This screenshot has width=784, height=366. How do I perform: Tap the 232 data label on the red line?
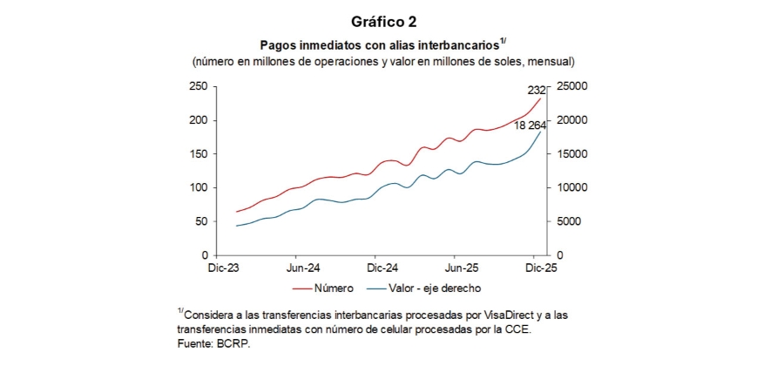pyautogui.click(x=537, y=90)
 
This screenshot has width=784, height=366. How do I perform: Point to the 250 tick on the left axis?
pyautogui.click(x=198, y=86)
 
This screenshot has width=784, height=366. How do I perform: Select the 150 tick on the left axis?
pyautogui.click(x=198, y=154)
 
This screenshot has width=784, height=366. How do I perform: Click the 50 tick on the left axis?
pyautogui.click(x=200, y=221)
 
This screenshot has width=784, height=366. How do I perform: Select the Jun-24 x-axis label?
pyautogui.click(x=302, y=268)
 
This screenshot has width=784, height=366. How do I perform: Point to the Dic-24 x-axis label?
pyautogui.click(x=382, y=268)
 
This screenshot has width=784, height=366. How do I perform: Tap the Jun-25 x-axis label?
pyautogui.click(x=463, y=268)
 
